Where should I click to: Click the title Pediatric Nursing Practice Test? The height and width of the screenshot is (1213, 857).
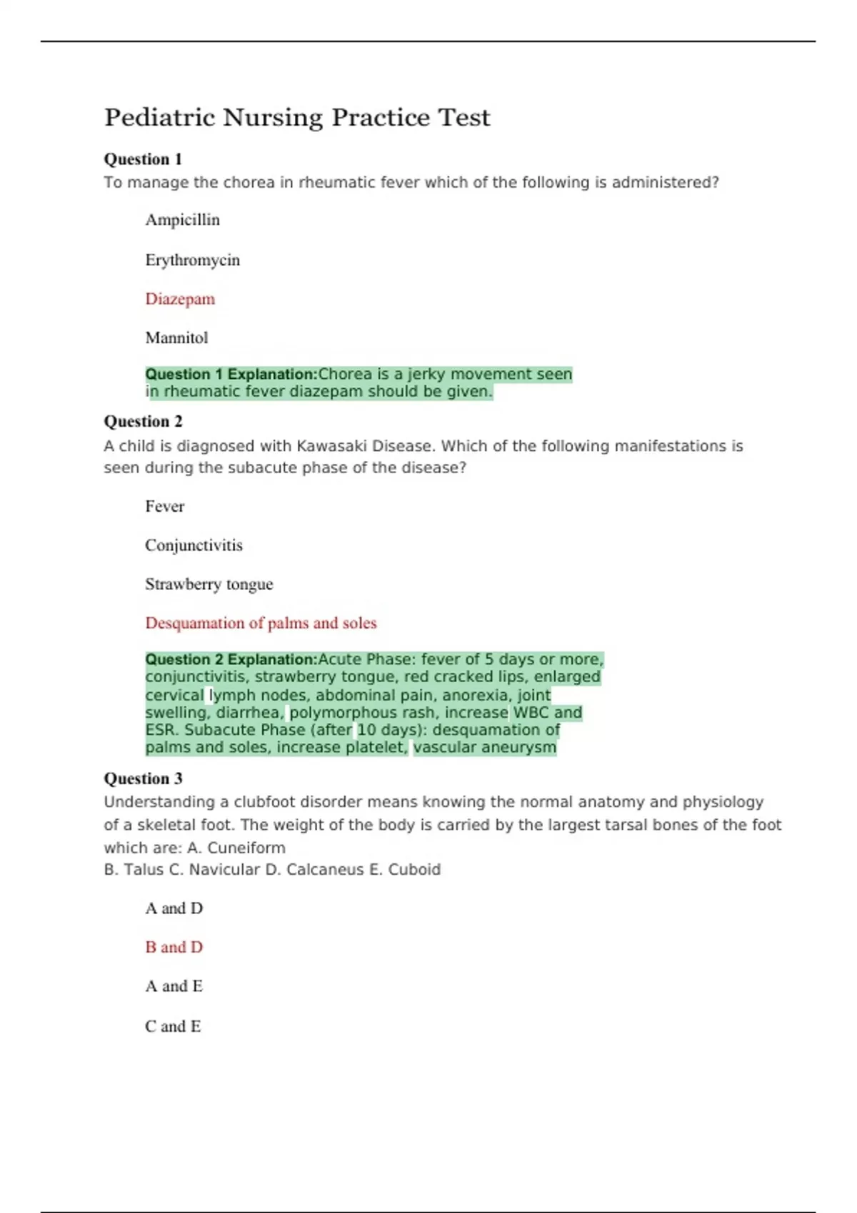coord(297,118)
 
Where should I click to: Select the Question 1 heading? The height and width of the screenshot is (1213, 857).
coord(143,159)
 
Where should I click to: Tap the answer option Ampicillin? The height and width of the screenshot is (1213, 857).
coord(182,220)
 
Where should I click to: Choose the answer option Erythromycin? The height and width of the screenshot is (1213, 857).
coord(192,260)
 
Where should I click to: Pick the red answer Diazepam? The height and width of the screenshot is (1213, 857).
coord(180,299)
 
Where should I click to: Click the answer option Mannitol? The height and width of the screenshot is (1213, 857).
coord(176,337)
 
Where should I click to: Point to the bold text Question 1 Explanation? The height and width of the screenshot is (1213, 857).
coord(231,374)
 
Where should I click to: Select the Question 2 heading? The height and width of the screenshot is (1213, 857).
coord(143,422)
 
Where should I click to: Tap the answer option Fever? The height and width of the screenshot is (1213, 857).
coord(164,507)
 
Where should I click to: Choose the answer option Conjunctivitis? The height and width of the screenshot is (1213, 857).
coord(194,545)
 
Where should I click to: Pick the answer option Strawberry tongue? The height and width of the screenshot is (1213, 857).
coord(209,584)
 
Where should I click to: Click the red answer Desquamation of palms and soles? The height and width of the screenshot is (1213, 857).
coord(261,623)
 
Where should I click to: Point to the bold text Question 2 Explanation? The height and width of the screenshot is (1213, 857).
coord(231,659)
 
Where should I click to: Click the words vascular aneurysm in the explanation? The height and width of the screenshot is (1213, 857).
coord(484,747)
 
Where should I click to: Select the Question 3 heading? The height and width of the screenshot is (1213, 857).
coord(143,778)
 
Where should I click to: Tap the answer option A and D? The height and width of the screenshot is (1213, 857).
coord(174,908)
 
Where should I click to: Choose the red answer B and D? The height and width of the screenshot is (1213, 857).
coord(174,947)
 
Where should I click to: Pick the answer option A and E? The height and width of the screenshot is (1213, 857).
coord(174,986)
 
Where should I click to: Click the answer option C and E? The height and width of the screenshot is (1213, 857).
coord(173,1026)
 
